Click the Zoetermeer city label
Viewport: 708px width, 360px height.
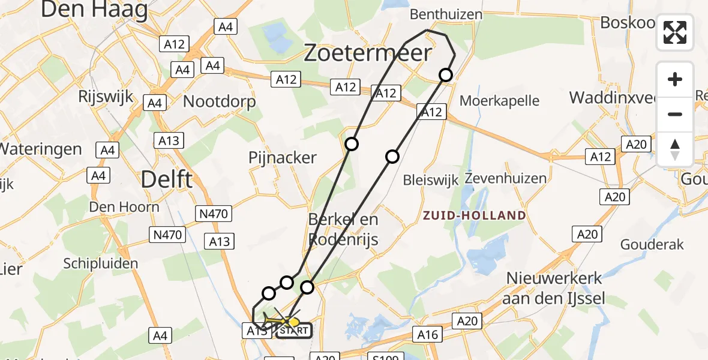coord(367,53)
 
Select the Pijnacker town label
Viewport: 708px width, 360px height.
coord(283,158)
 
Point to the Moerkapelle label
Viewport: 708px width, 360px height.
coord(499,100)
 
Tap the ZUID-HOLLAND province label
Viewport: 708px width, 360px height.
coord(473,215)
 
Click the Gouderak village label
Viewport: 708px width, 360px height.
coord(652,244)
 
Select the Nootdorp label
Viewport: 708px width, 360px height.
coord(219,101)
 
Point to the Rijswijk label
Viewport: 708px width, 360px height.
coord(106,96)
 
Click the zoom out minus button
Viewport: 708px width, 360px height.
coord(675,114)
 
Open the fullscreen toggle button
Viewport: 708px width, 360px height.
coord(675,32)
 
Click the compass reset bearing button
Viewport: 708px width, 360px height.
coord(675,148)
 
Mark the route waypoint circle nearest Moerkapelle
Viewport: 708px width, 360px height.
coord(445,75)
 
